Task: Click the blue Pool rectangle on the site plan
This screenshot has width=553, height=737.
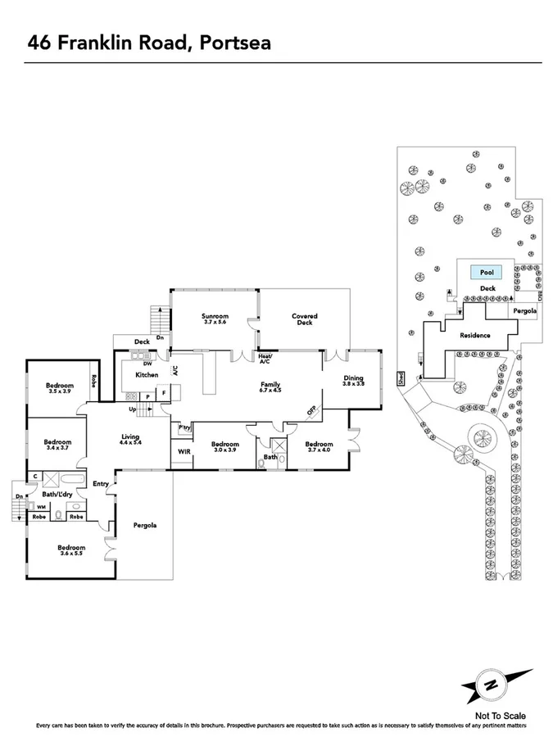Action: click(487, 273)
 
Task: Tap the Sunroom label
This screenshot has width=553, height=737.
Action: click(215, 317)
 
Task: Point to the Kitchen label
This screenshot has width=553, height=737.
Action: click(147, 375)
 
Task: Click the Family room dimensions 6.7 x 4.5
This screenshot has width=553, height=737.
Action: click(270, 391)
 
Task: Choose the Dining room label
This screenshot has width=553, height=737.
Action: click(353, 378)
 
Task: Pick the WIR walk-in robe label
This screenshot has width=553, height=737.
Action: click(182, 451)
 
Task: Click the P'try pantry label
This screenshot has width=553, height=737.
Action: click(184, 427)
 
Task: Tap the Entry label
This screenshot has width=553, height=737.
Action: click(101, 484)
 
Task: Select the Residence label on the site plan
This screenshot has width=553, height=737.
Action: click(474, 336)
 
